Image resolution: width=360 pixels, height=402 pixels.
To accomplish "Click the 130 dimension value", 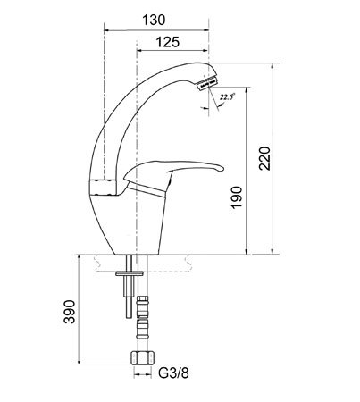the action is [x=154, y=21].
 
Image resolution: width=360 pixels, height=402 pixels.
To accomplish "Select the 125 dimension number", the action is [x=168, y=42].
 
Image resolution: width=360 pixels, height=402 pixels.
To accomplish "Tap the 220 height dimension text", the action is [x=264, y=158].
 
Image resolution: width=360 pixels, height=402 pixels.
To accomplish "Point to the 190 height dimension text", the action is [x=237, y=197].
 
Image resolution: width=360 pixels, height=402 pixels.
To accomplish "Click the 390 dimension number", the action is [x=70, y=312].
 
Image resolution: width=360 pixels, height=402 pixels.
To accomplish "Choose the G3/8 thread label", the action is [x=173, y=373].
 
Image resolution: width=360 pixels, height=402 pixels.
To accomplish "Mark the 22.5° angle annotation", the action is [x=227, y=97].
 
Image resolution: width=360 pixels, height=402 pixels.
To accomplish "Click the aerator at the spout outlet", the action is [x=207, y=83].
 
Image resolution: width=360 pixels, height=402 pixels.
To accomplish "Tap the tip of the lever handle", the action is [x=223, y=169].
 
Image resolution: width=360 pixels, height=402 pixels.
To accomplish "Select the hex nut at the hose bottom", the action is [x=143, y=357].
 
